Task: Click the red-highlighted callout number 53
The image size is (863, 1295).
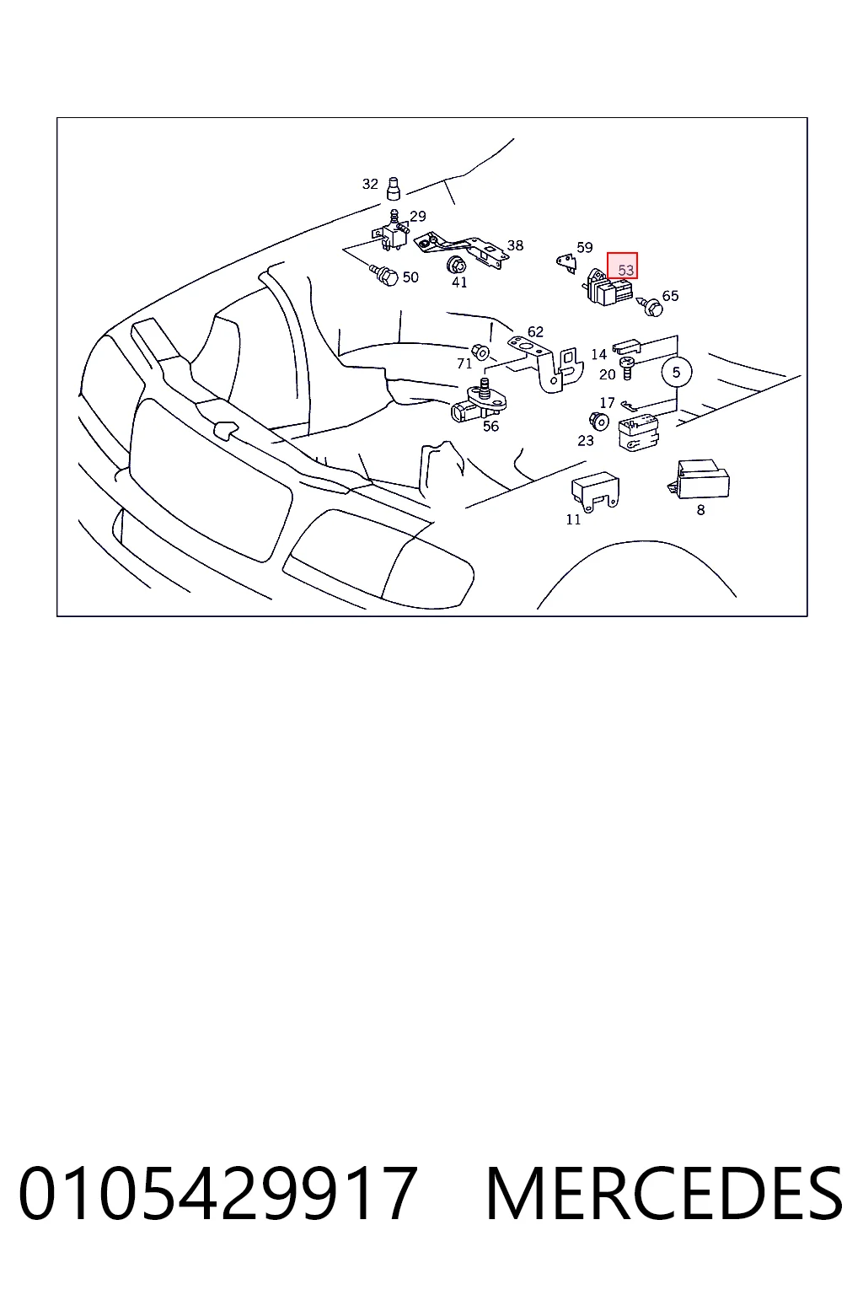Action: click(x=625, y=270)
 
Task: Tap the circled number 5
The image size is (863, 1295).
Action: click(x=676, y=373)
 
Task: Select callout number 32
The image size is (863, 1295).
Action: click(x=370, y=184)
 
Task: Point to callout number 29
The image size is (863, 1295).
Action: click(x=418, y=216)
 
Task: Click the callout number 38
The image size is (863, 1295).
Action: click(x=515, y=245)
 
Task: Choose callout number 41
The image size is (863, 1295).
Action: click(x=459, y=282)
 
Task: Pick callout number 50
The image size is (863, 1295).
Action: click(x=410, y=277)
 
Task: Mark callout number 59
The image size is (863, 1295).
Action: click(x=584, y=247)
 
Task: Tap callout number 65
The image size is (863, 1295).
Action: click(x=670, y=296)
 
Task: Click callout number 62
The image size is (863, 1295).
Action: click(x=535, y=332)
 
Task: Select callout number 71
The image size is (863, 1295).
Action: click(x=464, y=363)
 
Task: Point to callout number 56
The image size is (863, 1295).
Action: click(x=490, y=426)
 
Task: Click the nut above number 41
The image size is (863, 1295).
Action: click(x=457, y=265)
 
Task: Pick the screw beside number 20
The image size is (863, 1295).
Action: click(x=626, y=368)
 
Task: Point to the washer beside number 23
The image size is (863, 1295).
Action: click(x=599, y=421)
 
